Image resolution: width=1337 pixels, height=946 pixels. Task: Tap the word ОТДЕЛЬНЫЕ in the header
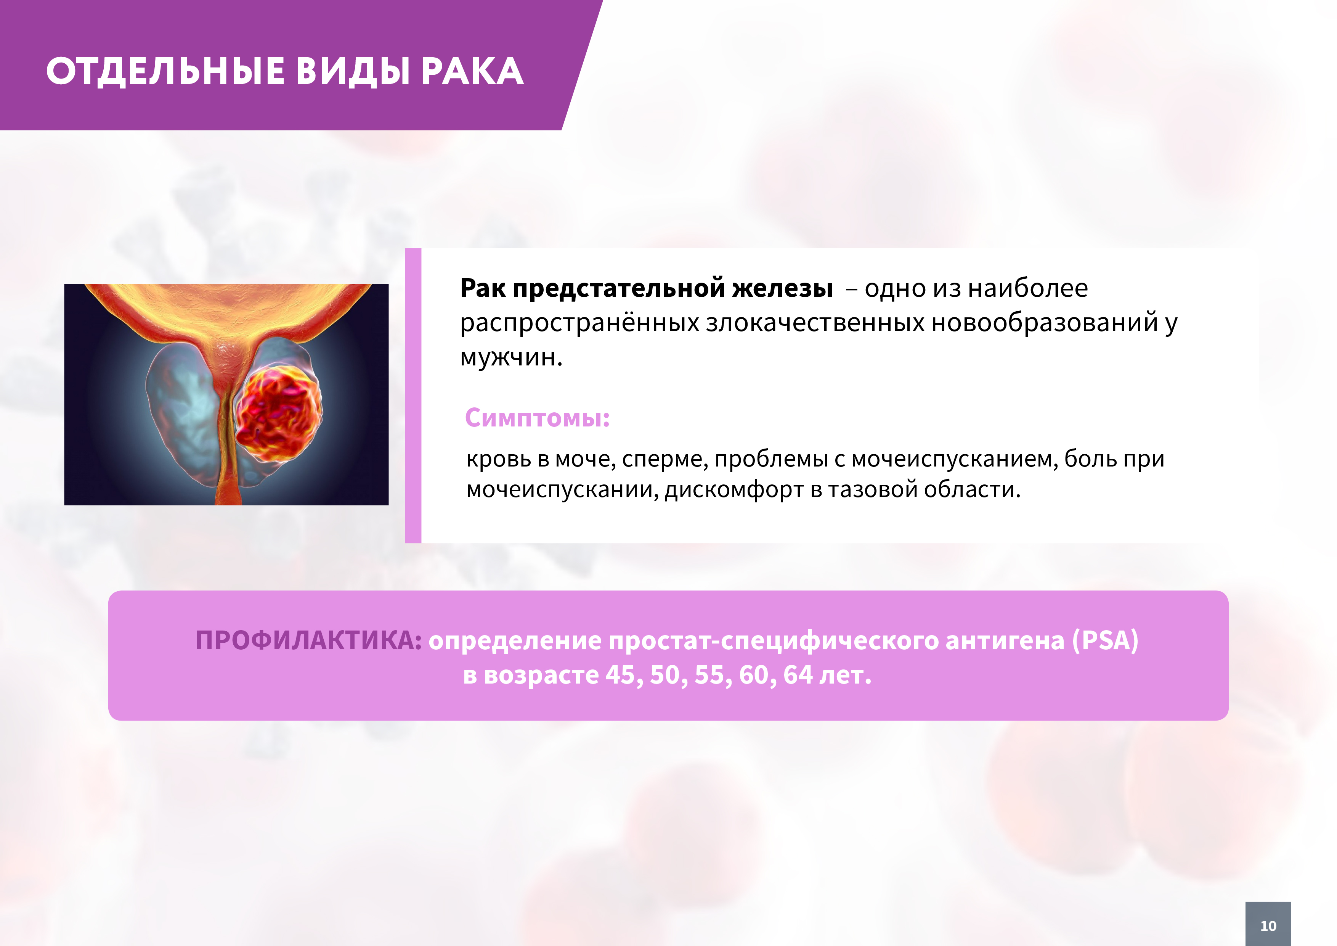[165, 72]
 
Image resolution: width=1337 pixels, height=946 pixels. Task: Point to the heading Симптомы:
[537, 418]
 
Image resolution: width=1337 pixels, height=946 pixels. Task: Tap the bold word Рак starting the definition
[483, 288]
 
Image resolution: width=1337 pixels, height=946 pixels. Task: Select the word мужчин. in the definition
[511, 357]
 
